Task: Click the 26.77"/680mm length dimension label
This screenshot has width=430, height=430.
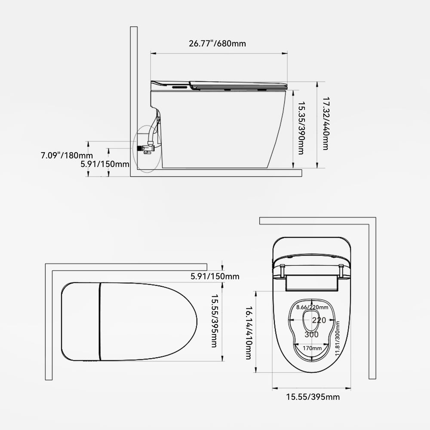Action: (217, 43)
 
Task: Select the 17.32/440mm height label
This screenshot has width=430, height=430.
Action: (326, 123)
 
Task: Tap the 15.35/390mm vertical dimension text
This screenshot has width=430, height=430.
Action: (301, 128)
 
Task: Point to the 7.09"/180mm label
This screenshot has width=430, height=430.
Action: (67, 155)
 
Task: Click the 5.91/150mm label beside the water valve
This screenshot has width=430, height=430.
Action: (105, 164)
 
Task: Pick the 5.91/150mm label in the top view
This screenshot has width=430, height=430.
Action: (215, 276)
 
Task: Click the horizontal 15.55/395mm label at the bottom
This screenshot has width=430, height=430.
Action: (313, 397)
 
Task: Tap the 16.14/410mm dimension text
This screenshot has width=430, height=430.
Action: (248, 332)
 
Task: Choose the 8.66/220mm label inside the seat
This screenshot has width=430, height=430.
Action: (312, 307)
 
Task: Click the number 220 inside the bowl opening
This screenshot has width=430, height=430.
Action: (319, 320)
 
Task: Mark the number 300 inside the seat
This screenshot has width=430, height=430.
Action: (311, 334)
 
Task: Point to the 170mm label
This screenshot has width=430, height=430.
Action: (312, 348)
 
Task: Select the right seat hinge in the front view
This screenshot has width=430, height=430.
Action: (341, 271)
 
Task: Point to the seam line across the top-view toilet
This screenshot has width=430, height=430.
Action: (100, 321)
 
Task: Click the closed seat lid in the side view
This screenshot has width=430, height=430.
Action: (239, 84)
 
